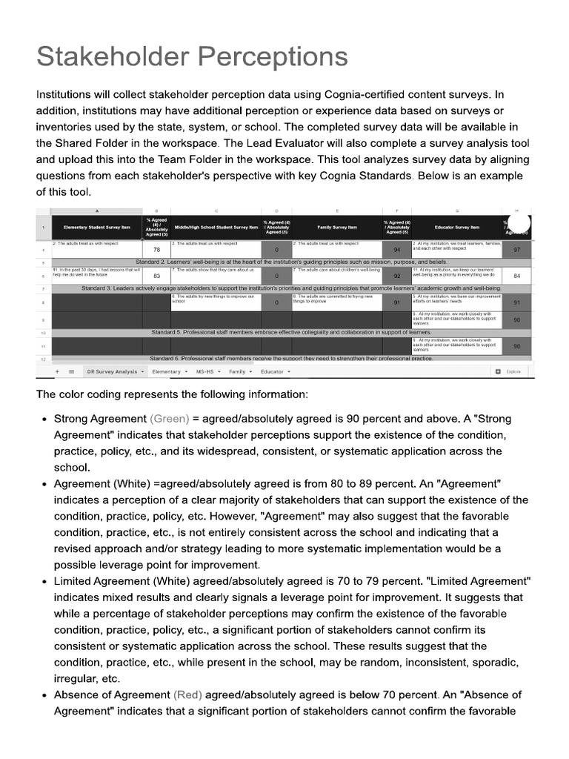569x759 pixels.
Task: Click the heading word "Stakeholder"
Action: pyautogui.click(x=110, y=56)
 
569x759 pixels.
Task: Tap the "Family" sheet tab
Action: pyautogui.click(x=239, y=371)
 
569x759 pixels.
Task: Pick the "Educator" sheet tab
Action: pyautogui.click(x=275, y=371)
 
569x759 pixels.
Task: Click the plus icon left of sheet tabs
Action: pyautogui.click(x=57, y=371)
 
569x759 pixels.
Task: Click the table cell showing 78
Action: pyautogui.click(x=156, y=250)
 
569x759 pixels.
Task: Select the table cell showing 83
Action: pyautogui.click(x=156, y=275)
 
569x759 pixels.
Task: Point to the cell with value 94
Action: pyautogui.click(x=396, y=250)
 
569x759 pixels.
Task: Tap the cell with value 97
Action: pyautogui.click(x=516, y=250)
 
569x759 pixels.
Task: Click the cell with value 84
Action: pyautogui.click(x=516, y=275)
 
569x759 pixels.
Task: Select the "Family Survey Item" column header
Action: pyautogui.click(x=336, y=228)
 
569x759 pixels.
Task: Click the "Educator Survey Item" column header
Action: pyautogui.click(x=456, y=228)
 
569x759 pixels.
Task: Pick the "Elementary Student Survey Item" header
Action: pyautogui.click(x=96, y=228)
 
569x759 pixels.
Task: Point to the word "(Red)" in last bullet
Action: pyautogui.click(x=187, y=695)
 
